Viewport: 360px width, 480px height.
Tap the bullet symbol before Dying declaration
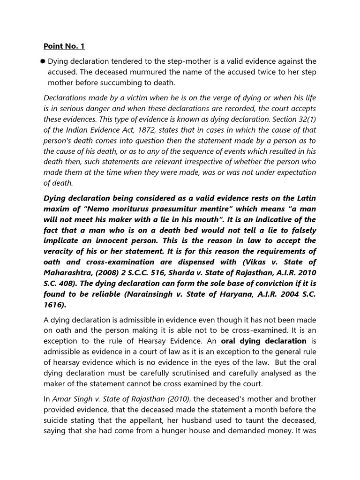[43, 61]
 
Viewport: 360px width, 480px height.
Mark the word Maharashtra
[66, 272]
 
